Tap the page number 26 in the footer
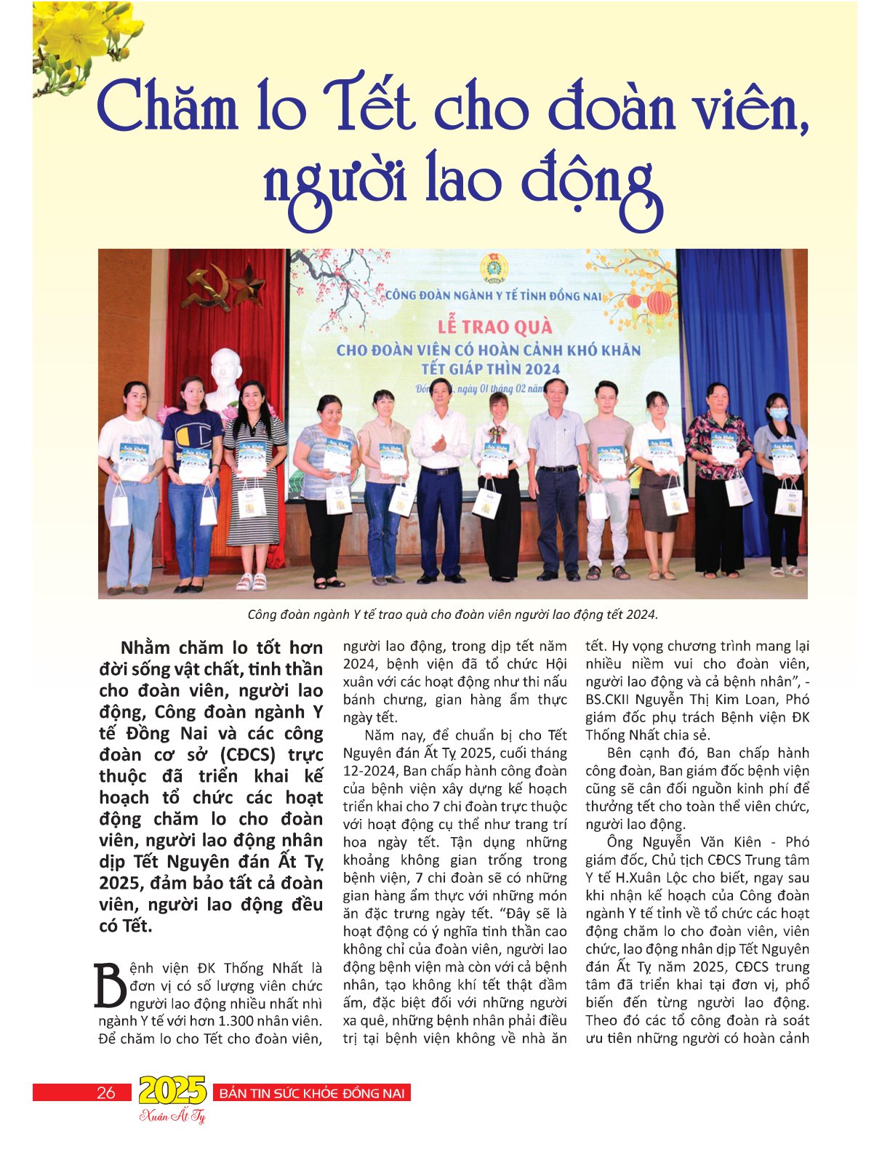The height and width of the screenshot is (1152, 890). point(106,1092)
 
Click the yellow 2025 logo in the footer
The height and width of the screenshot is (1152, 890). point(172,1090)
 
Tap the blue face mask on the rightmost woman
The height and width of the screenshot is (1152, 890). point(779,414)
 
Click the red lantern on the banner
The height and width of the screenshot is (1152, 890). point(659,301)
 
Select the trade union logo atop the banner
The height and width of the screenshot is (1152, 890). point(494,268)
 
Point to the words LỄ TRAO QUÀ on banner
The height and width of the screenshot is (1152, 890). point(494,327)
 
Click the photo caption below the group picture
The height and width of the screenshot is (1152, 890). point(452,615)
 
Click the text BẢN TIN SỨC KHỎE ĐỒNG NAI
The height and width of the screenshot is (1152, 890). point(312,1093)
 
